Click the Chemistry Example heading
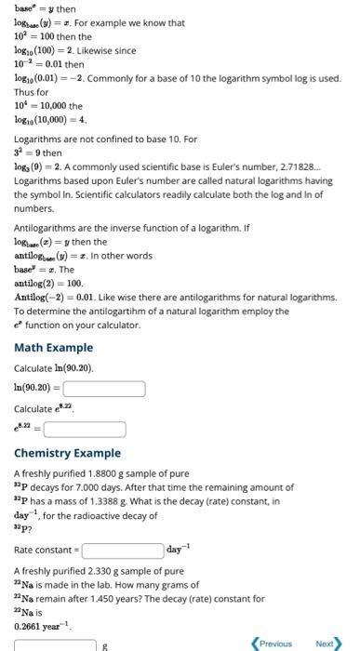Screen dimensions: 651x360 [x=67, y=453]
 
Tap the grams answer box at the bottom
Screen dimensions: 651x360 [x=55, y=644]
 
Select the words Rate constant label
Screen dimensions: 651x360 [x=44, y=551]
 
